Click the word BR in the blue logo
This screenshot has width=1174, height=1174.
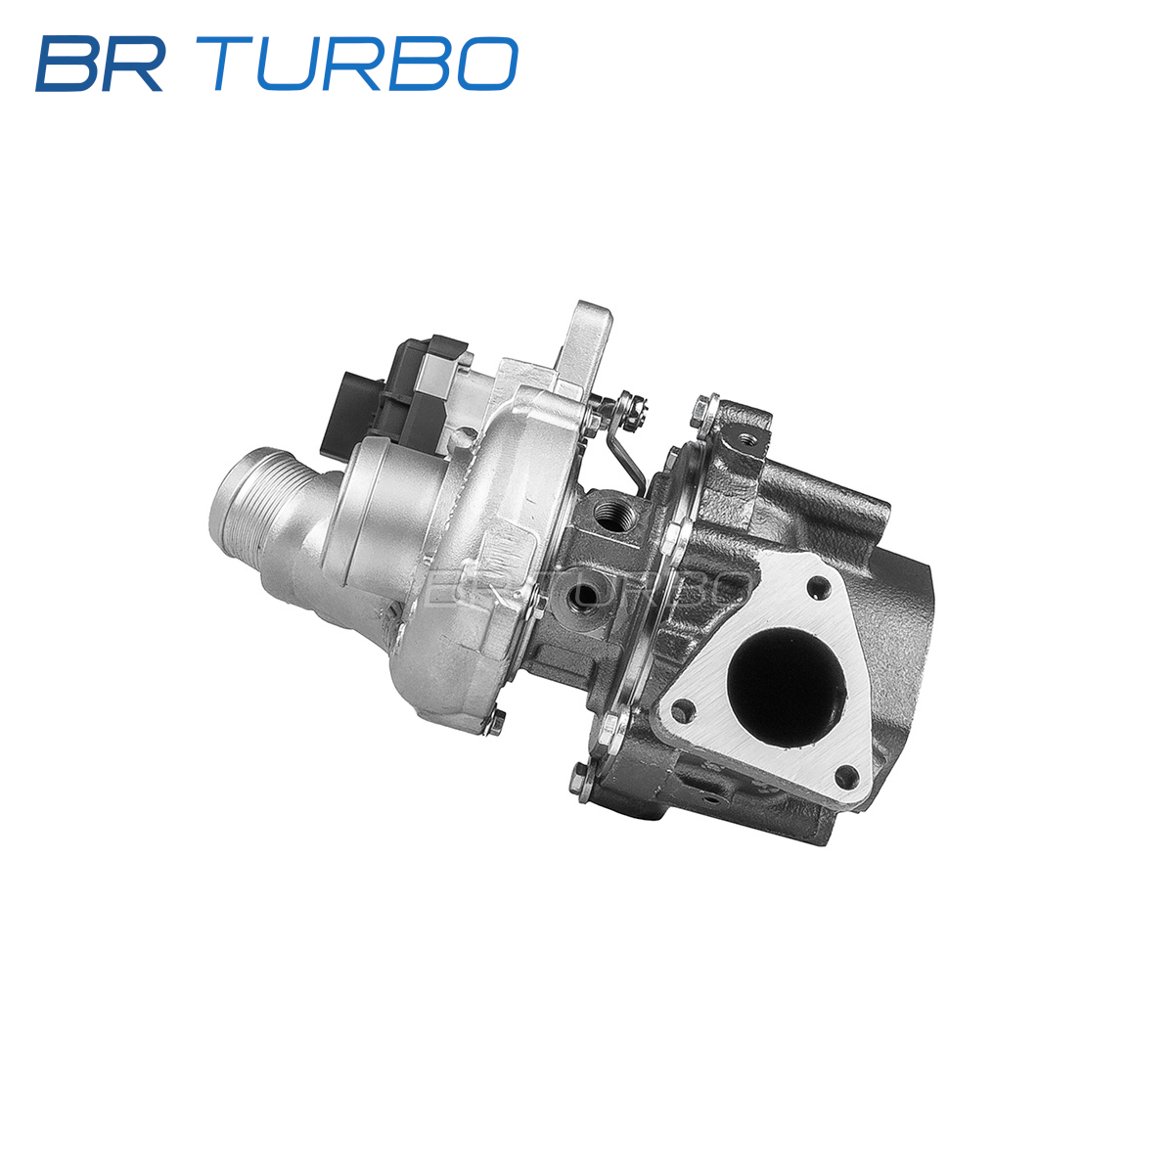pyautogui.click(x=100, y=64)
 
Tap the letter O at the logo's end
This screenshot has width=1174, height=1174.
pyautogui.click(x=486, y=64)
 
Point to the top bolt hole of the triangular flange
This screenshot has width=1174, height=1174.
pyautogui.click(x=818, y=589)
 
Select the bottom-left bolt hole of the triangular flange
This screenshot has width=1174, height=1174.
pyautogui.click(x=684, y=711)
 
